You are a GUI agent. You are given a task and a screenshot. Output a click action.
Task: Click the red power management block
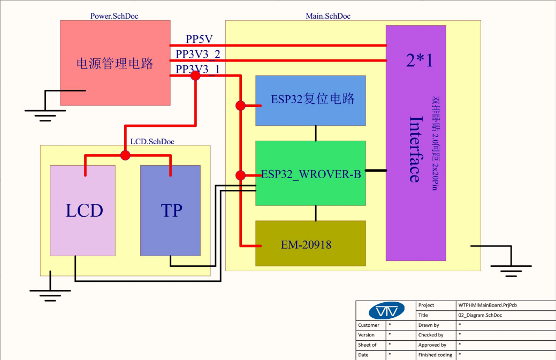(115, 63)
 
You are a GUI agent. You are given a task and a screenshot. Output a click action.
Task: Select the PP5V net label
(200, 40)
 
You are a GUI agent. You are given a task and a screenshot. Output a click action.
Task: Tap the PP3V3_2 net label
(198, 54)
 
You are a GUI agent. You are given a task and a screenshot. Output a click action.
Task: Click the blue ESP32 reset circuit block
(310, 100)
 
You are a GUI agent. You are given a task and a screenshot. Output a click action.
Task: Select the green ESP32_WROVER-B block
(310, 174)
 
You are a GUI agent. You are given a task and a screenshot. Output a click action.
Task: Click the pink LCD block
(83, 211)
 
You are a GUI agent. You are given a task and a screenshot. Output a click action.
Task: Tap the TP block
(171, 211)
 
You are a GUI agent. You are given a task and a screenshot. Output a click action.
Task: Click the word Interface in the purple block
(415, 149)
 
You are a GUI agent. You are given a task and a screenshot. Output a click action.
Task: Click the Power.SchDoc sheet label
(115, 16)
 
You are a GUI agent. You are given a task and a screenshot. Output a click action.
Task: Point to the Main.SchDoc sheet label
(328, 16)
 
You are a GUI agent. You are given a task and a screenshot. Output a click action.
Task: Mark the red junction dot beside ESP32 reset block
(241, 106)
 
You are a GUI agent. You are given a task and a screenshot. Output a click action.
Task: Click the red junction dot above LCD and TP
(125, 156)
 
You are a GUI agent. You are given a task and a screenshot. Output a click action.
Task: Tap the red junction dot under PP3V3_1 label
(196, 76)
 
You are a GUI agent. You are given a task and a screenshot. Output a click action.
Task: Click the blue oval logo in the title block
(387, 311)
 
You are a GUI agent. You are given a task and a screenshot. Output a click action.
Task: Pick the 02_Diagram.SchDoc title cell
(481, 315)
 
